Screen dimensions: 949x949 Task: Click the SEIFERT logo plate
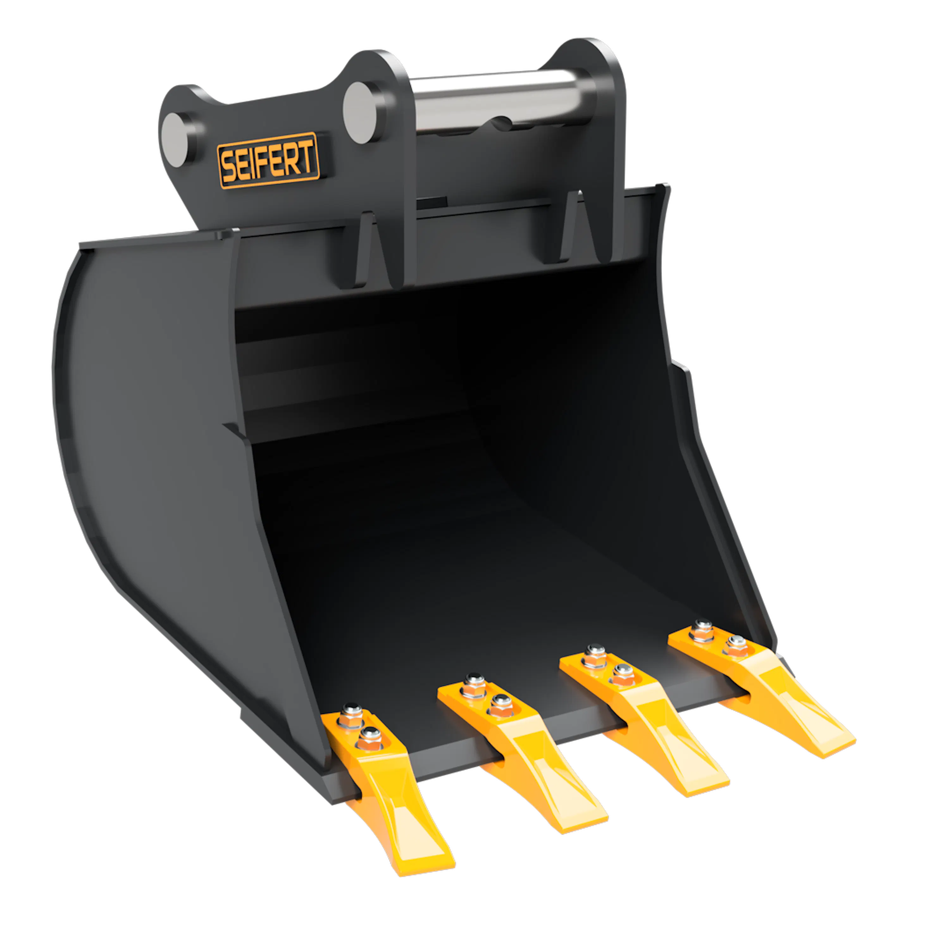pos(268,160)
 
